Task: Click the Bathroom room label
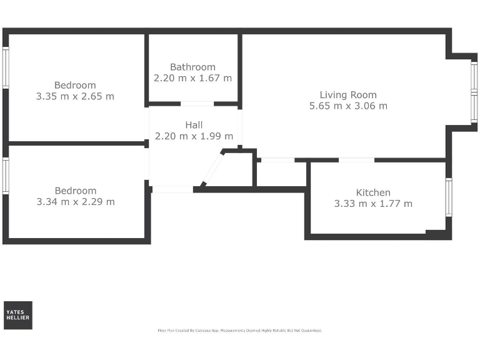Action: coord(192,67)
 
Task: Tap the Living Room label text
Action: coord(348,95)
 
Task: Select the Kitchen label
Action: coord(373,192)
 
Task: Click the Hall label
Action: coord(194,125)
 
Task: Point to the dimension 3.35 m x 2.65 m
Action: coord(75,96)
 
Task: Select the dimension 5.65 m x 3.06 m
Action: coord(348,106)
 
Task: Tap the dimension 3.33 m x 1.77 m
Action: coord(373,203)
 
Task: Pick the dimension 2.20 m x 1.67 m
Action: coord(192,78)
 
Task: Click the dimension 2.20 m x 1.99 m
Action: coord(194,136)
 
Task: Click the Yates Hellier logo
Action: coord(17,315)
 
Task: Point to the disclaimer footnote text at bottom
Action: coord(240,330)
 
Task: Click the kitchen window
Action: coord(448,197)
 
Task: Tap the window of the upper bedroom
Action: coord(5,68)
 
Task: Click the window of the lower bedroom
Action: coord(5,175)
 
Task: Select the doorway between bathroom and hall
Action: coord(197,104)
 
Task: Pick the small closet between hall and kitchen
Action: coord(281,174)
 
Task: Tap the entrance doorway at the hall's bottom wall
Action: coord(172,189)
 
